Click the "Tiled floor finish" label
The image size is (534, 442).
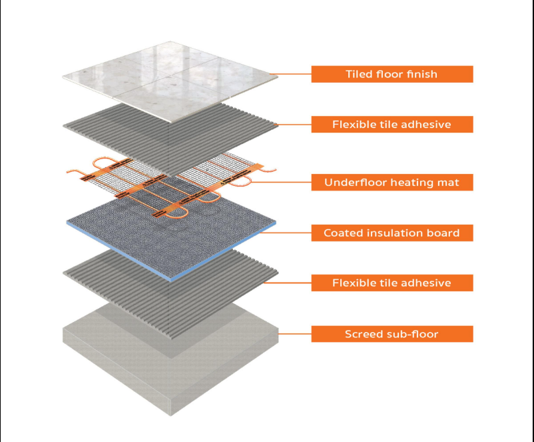pos(392,74)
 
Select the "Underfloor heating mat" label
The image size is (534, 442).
pos(392,182)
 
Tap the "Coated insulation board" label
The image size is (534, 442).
pos(392,233)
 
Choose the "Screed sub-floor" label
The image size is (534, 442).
pos(392,333)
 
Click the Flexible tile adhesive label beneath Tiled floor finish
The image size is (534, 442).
pos(392,124)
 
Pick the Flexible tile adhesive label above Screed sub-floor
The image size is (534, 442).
pos(392,283)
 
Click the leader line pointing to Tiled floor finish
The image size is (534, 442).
pos(293,74)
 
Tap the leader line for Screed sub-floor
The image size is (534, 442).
pos(293,333)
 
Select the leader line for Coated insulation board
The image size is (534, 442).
pos(293,233)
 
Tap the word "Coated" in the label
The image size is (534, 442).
pos(342,233)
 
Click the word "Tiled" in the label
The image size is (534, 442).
pos(360,74)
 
